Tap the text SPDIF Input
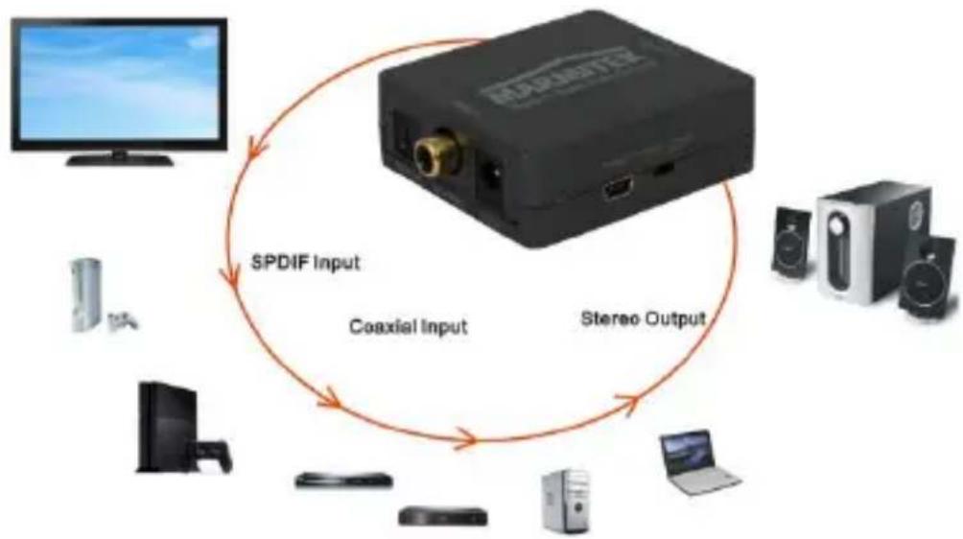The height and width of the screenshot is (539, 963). click(x=304, y=262)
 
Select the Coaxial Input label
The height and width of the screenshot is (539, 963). click(x=408, y=326)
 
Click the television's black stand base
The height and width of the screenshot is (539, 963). click(x=120, y=159)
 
